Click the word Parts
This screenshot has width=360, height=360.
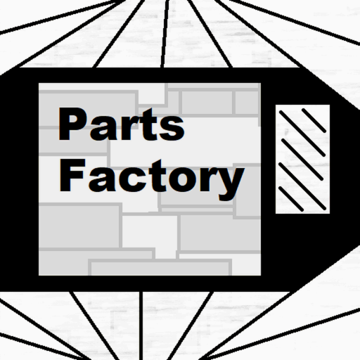coord(121,124)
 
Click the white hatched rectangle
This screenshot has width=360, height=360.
coord(302,159)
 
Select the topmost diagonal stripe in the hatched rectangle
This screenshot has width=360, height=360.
coord(314,120)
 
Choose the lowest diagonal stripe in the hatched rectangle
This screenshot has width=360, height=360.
coord(291,199)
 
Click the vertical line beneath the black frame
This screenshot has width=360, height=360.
coord(141,326)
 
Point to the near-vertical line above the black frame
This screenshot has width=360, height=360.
coord(165,34)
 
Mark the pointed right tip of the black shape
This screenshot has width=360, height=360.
coord(359,178)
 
